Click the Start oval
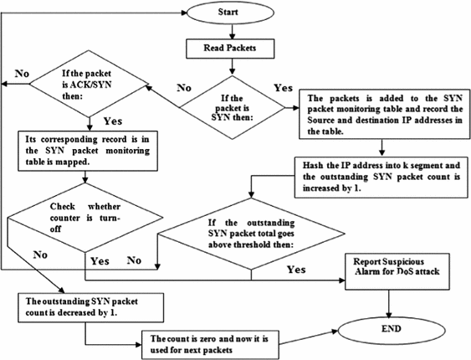238,14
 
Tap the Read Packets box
238,48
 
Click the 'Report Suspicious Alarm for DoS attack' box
398,267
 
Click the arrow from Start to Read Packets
238,32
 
